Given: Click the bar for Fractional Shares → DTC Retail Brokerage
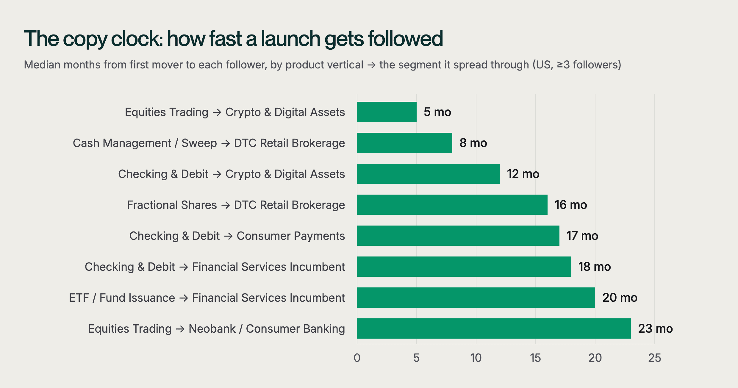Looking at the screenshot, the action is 452,205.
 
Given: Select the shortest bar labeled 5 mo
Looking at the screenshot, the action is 387,112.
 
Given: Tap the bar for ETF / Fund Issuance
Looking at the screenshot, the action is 476,298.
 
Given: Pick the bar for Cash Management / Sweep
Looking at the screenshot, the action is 405,143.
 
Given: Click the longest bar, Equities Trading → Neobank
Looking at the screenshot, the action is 494,328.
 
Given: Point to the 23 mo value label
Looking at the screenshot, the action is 655,328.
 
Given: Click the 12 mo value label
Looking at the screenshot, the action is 523,174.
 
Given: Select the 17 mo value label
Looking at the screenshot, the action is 582,236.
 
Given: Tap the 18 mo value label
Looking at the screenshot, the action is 595,267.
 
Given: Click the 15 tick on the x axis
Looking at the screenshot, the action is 535,358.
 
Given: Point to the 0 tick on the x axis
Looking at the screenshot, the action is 357,358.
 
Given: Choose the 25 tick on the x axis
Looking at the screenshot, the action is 655,358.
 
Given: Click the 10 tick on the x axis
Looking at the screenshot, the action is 476,358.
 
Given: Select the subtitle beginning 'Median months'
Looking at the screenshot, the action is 323,65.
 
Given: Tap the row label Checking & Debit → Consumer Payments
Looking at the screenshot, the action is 237,236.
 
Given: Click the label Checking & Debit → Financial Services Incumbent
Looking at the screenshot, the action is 215,267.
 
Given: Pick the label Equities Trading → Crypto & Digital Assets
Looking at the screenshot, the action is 235,112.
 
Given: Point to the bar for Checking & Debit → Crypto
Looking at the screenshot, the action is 429,174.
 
